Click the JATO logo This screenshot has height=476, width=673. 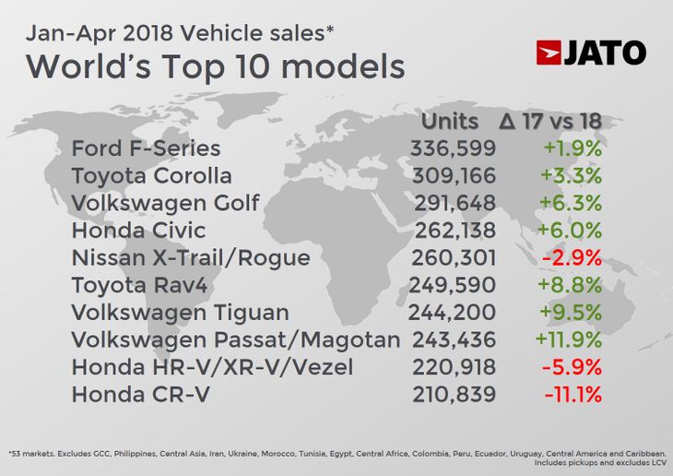(x=591, y=53)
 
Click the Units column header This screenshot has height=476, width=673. (x=450, y=122)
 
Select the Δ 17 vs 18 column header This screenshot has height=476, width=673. (x=549, y=122)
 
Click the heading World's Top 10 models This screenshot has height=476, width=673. (x=216, y=66)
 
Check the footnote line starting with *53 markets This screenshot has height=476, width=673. (x=336, y=453)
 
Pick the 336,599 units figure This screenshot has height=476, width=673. (x=453, y=148)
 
